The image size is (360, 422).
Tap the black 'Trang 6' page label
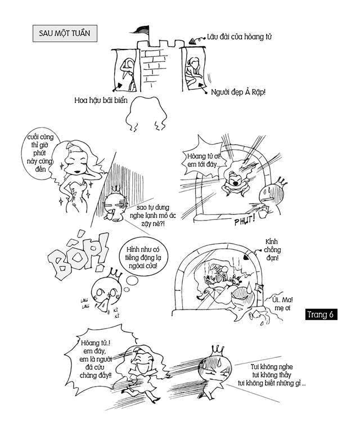[x=321, y=315]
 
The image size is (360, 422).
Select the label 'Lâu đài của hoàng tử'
[x=238, y=37]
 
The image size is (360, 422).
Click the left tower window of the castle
[x=125, y=70]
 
